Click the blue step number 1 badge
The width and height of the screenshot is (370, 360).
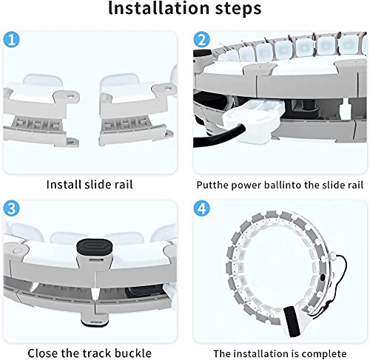tap(11, 39)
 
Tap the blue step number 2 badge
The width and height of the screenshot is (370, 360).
tap(202, 39)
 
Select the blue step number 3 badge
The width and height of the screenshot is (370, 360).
tap(11, 208)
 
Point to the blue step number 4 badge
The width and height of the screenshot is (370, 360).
tap(202, 208)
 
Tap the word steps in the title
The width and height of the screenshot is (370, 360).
tap(238, 9)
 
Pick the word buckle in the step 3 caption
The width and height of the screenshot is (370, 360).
tap(133, 353)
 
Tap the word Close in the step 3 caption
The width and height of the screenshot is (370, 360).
tap(43, 353)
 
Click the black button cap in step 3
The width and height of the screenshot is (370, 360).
tap(95, 247)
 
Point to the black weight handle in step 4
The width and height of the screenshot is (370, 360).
tap(292, 322)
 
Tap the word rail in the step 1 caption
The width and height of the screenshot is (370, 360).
tap(124, 185)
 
